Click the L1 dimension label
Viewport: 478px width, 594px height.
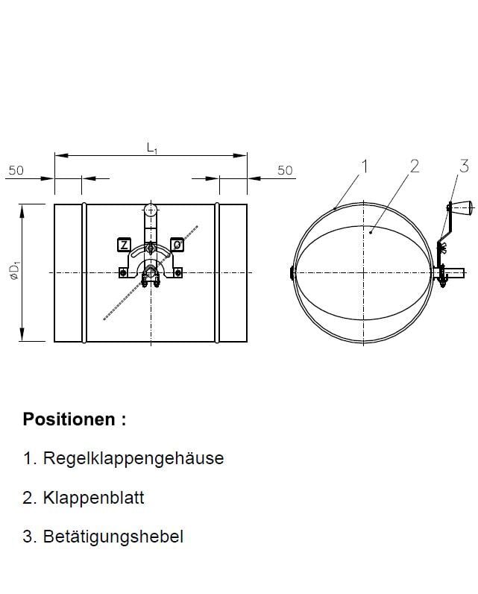152,148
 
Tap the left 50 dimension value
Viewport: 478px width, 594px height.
16,170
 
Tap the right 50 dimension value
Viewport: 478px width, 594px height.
285,170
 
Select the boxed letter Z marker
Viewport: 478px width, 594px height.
124,245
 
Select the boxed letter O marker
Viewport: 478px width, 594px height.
177,245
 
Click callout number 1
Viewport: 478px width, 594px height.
364,166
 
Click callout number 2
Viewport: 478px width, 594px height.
415,166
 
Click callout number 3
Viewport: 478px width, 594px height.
464,166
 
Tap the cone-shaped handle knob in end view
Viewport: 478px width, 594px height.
462,207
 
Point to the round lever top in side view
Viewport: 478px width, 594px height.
151,210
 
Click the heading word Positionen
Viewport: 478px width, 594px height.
69,419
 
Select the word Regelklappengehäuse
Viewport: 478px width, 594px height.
133,458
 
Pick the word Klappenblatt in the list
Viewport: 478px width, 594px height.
93,498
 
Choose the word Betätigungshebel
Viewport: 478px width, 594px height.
113,537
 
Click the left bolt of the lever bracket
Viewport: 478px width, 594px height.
122,272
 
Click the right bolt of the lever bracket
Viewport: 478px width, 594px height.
178,272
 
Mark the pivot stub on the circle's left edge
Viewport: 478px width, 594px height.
291,273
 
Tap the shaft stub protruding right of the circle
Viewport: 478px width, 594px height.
455,272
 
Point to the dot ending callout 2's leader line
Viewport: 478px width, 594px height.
371,232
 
